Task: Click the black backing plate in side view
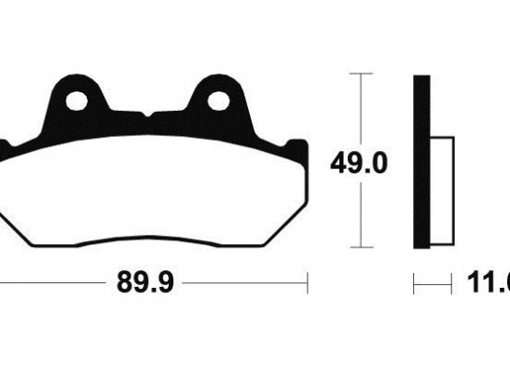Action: click(x=421, y=160)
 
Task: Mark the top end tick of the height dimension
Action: click(x=360, y=73)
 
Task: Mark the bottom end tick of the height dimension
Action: click(x=360, y=248)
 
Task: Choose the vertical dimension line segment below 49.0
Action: click(x=360, y=214)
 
